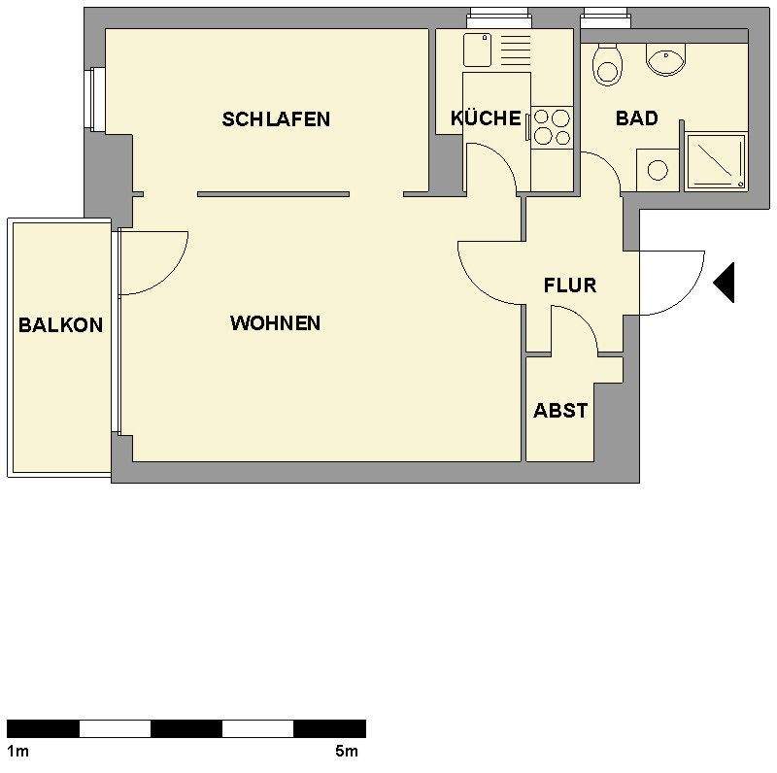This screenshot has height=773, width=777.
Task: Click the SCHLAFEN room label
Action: pos(276,119)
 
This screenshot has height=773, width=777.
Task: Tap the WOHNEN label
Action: pos(275,323)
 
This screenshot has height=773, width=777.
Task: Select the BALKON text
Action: pos(60,325)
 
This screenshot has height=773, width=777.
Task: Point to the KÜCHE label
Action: pos(486,118)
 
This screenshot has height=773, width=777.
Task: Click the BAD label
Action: pos(637,118)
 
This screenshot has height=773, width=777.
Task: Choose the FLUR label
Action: pos(570,286)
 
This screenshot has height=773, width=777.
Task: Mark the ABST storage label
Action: pos(560,410)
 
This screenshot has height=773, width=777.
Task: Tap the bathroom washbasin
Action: pos(666,60)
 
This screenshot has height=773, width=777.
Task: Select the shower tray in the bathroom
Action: pos(716,161)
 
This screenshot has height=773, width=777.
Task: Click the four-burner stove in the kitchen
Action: pos(552,127)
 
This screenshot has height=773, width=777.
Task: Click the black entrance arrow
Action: pos(724,283)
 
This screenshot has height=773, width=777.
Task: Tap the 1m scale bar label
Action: pos(17,751)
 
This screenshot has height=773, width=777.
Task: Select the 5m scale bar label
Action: pos(346,751)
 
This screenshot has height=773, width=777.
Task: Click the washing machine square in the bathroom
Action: pos(658,170)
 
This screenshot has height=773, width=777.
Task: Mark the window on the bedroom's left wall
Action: pos(94,98)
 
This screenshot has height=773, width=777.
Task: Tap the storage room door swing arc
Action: pos(581,325)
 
